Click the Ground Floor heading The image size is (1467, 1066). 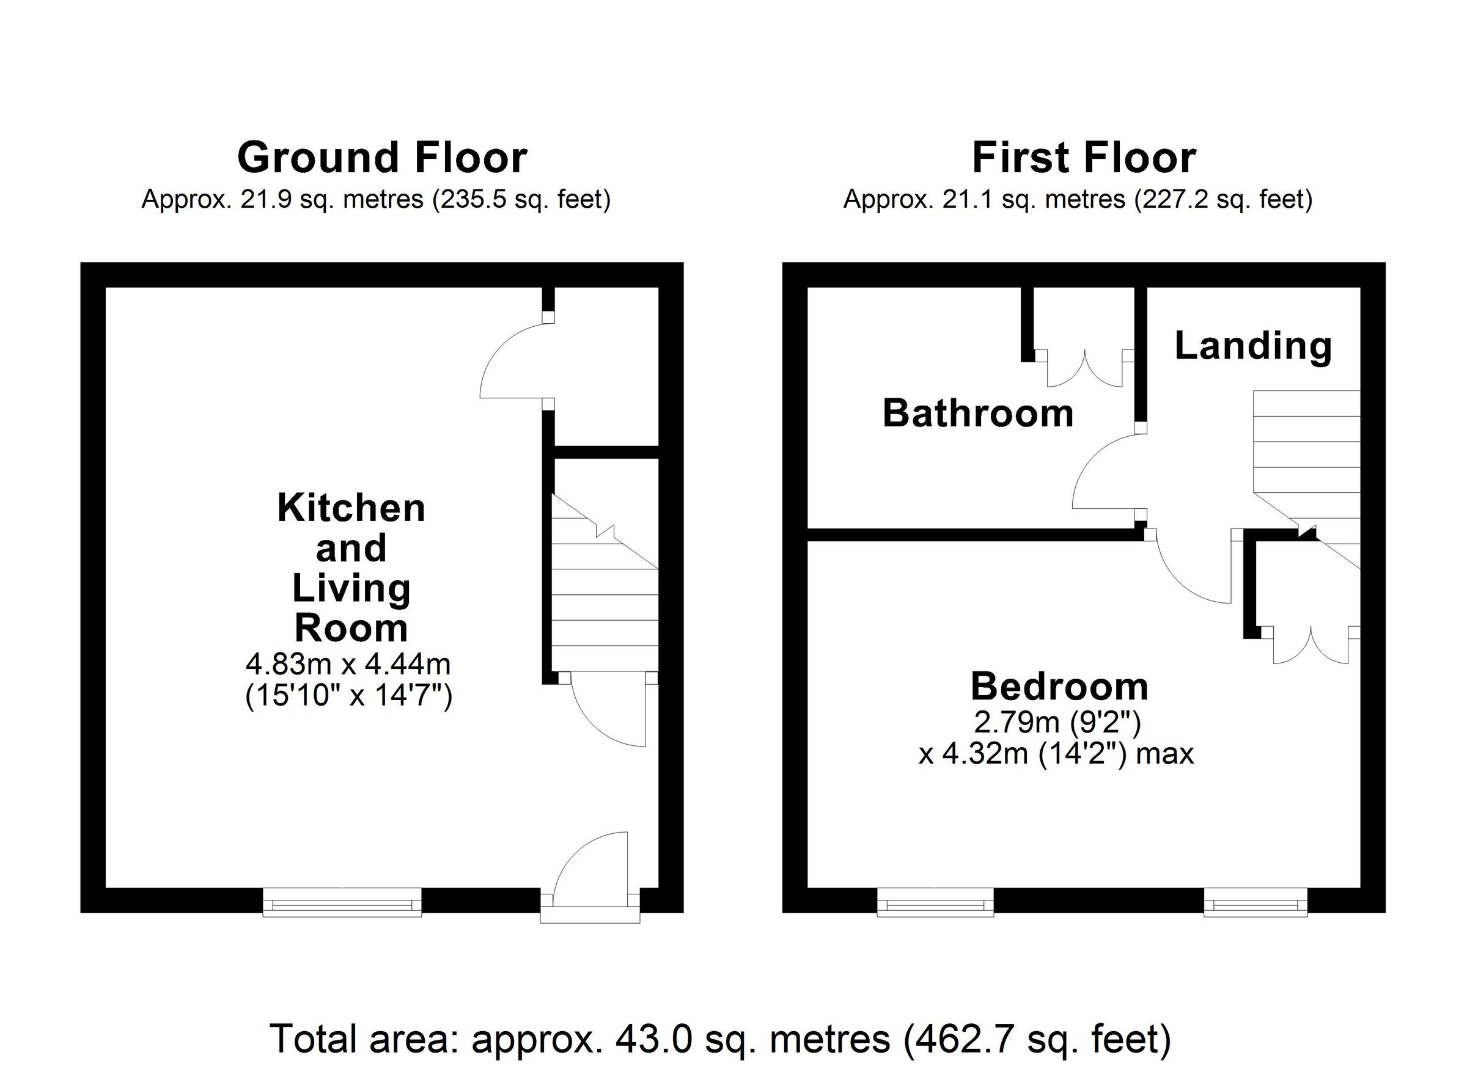(x=382, y=158)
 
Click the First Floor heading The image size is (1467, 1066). (x=1084, y=158)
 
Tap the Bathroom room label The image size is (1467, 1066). (x=978, y=413)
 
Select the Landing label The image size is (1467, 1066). (x=1253, y=346)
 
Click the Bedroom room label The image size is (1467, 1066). (x=1059, y=686)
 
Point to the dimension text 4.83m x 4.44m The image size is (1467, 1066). (x=348, y=664)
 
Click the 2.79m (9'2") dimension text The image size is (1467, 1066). (x=1057, y=722)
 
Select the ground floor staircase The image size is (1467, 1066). (x=605, y=595)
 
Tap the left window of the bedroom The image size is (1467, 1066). (x=935, y=902)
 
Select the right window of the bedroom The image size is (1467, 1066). (x=1256, y=902)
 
